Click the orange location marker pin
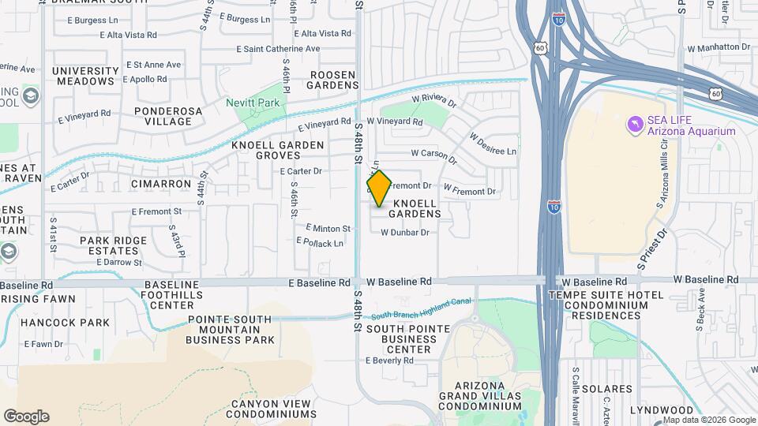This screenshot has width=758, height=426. point(379,189)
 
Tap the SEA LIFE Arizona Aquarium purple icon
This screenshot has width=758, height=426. point(634,125)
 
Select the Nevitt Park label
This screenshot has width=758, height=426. point(252,103)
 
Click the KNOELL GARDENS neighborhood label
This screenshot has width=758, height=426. point(410,209)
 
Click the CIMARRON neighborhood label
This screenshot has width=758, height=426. point(161,184)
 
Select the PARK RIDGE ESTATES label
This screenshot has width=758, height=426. point(113,245)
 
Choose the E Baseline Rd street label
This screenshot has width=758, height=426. point(319,282)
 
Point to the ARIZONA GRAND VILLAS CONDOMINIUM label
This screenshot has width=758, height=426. point(479,394)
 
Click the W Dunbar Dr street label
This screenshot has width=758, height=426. point(404,233)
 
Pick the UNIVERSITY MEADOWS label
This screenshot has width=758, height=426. point(85,76)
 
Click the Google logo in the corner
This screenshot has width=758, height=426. point(26,417)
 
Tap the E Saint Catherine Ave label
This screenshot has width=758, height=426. point(278,49)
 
